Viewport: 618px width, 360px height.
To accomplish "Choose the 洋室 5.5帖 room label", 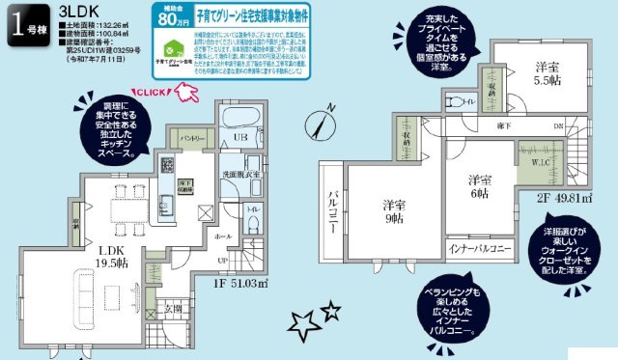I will tap(548, 75).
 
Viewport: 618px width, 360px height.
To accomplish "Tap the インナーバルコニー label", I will tap(480, 248).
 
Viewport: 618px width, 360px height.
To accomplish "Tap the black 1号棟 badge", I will tap(24, 26).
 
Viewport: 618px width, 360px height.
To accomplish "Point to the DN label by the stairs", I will tap(558, 126).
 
